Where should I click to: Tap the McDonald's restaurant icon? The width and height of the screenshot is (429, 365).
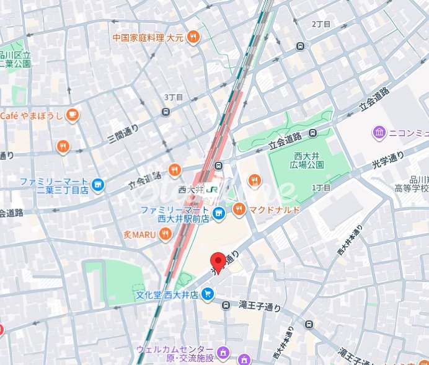click(239, 210)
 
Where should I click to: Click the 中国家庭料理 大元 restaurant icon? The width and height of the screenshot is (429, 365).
click(194, 37)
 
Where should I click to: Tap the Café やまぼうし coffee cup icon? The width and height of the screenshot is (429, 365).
click(73, 115)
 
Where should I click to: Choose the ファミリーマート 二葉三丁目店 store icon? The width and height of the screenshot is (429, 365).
click(97, 183)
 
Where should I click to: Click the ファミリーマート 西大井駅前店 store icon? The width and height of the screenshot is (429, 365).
click(218, 214)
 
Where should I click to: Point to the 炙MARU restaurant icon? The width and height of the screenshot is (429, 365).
click(165, 234)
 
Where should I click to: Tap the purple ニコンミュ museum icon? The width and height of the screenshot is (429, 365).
click(379, 132)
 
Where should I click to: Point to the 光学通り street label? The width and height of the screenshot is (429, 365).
click(387, 162)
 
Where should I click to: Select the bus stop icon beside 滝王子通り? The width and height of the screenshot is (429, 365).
click(227, 305)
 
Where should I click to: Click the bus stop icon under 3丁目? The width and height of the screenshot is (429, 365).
click(166, 112)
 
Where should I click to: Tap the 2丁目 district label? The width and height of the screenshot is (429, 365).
click(321, 24)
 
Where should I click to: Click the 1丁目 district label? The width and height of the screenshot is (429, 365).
click(321, 187)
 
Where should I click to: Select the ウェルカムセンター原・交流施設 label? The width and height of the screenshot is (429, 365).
click(175, 353)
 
